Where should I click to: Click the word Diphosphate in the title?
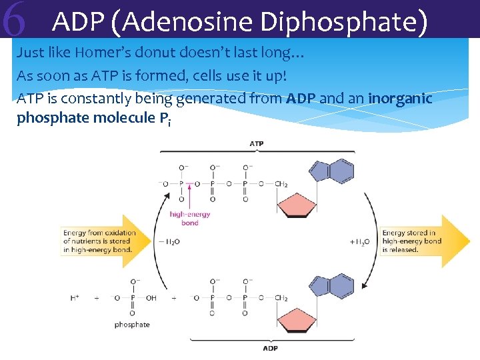pos(343,22)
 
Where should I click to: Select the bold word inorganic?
pos(400,99)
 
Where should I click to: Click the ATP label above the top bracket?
pos(256,143)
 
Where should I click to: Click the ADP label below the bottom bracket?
pos(270,348)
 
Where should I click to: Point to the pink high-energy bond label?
pos(190,218)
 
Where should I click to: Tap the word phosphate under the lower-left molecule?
pos(132,325)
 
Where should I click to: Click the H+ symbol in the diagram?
pos(75,298)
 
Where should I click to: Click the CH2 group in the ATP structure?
pos(281,183)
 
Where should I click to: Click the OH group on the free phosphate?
pos(151,298)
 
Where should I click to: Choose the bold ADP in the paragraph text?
pos(301,99)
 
